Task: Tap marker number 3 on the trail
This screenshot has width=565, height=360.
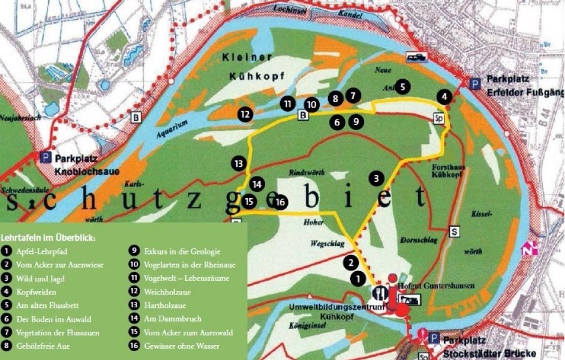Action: tap(376, 178)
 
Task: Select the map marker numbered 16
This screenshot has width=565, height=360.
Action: tap(280, 202)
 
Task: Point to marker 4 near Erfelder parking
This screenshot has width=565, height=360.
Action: tap(444, 96)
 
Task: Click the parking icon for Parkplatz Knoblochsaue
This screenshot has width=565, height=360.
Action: tap(45, 157)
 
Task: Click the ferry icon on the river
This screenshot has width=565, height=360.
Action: tap(415, 57)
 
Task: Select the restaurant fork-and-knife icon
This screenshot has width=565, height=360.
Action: tap(381, 293)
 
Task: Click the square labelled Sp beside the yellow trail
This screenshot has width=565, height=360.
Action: tap(441, 118)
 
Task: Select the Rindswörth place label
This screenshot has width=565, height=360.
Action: tap(306, 173)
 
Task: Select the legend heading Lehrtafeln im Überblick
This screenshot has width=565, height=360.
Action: tap(49, 237)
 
